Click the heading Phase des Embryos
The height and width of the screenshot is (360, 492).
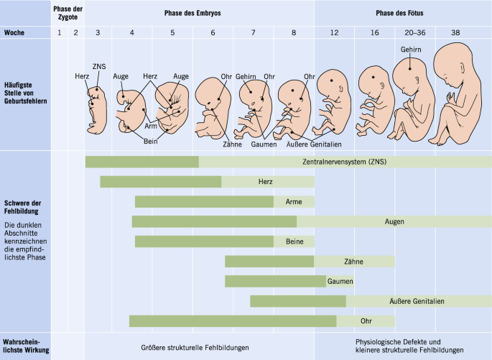click(198, 13)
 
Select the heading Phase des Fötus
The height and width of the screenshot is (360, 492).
click(402, 13)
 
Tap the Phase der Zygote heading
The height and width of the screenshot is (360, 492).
click(68, 13)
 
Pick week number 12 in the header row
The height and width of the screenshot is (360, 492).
click(335, 33)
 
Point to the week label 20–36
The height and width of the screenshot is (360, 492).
click(414, 33)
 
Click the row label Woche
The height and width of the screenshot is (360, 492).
click(15, 33)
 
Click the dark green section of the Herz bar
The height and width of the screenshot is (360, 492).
click(160, 182)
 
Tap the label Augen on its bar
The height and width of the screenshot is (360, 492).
click(394, 222)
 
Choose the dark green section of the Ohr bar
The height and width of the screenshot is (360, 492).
click(232, 321)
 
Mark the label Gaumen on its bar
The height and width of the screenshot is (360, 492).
click(340, 281)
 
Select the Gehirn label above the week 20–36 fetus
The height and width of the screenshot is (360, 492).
click(412, 49)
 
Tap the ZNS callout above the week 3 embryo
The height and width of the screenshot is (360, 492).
click(99, 67)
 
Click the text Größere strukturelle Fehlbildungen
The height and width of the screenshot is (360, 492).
click(195, 347)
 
